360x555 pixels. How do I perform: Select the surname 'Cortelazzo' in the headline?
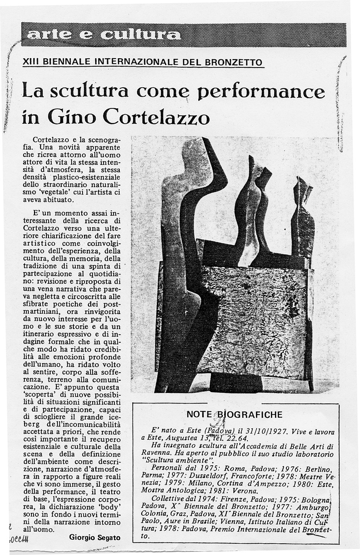coord(156,117)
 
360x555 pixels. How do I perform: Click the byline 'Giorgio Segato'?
coord(95,537)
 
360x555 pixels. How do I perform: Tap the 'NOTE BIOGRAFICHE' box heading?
coord(235,414)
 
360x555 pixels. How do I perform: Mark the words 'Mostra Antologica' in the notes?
coord(171,492)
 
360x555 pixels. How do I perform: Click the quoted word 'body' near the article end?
coord(110,506)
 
